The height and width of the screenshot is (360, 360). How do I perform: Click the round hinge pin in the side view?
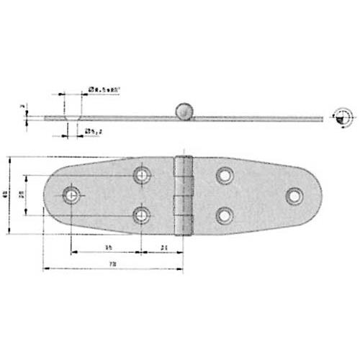184,112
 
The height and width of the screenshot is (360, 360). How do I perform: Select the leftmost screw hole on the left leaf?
71,194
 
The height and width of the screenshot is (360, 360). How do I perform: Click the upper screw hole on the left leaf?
142,174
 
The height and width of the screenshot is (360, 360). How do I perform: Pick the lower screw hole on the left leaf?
142,215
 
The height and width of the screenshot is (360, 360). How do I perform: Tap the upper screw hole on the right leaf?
225,174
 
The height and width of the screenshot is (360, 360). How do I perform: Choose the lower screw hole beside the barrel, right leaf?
225,215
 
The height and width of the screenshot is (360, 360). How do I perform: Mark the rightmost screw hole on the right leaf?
294,194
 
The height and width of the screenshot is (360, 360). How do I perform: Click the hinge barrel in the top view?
184,194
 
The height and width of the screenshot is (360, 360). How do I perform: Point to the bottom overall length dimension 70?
112,265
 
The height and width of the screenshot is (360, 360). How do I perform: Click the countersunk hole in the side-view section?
71,117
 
